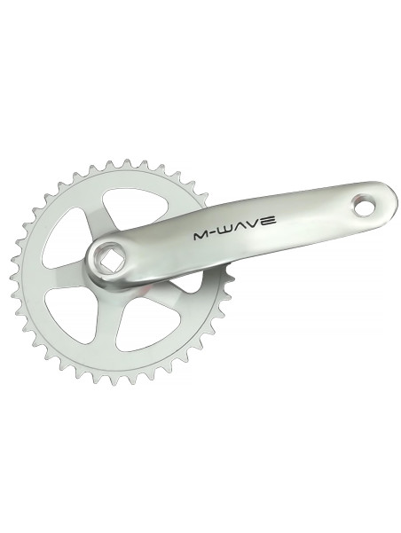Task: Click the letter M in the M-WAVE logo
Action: point(201,236)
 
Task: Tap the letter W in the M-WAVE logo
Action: point(229,230)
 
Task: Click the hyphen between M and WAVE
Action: point(215,233)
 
